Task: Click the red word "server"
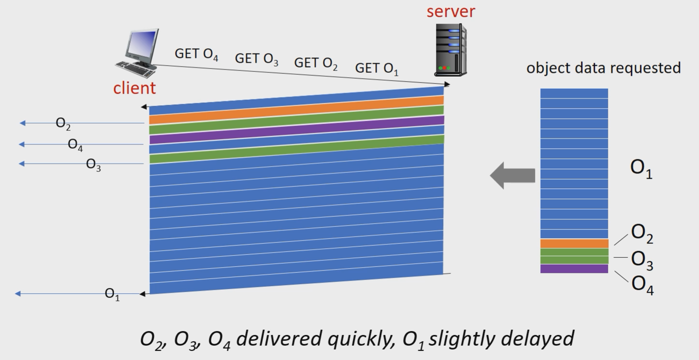(x=451, y=11)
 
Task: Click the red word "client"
(x=134, y=88)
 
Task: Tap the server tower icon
(x=451, y=50)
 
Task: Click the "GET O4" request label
(x=196, y=54)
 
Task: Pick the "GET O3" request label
(x=257, y=59)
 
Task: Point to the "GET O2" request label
(x=316, y=63)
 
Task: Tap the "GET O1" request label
(x=377, y=68)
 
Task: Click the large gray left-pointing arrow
(x=512, y=175)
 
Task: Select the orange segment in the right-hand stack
(x=574, y=243)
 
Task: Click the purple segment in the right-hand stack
(x=574, y=269)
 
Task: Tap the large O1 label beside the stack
(x=641, y=168)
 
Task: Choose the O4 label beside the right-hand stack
(x=642, y=285)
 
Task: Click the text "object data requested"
(x=603, y=68)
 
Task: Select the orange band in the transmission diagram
(x=296, y=110)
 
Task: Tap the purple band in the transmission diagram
(x=296, y=130)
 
